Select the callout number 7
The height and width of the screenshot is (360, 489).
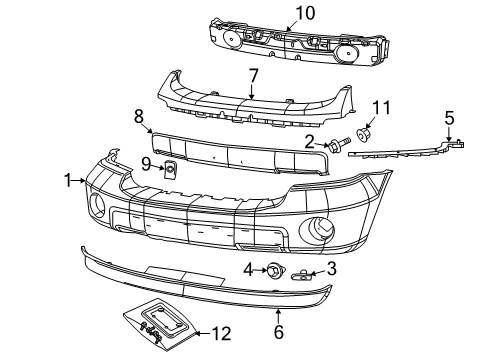pos(253,76)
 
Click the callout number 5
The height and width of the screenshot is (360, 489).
pos(449,116)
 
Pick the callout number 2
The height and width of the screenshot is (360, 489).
pos(311,142)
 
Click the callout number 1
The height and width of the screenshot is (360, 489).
pos(68,181)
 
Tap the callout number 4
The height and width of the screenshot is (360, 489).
pos(247,269)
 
